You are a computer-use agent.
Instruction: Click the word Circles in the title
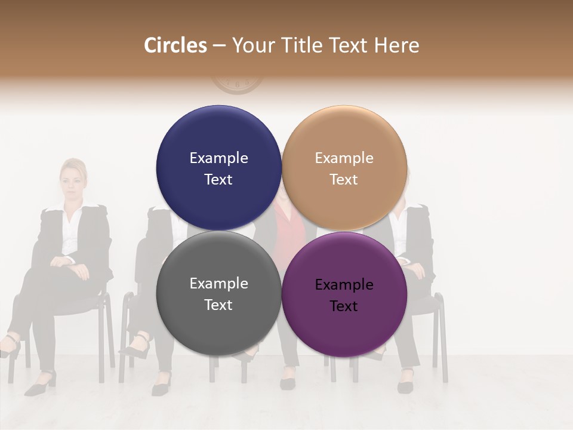[175, 45]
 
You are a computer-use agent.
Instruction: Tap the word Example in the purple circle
[344, 285]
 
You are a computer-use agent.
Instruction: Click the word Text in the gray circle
[218, 305]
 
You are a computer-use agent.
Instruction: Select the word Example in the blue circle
[218, 158]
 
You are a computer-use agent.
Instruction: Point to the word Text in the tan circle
[344, 180]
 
